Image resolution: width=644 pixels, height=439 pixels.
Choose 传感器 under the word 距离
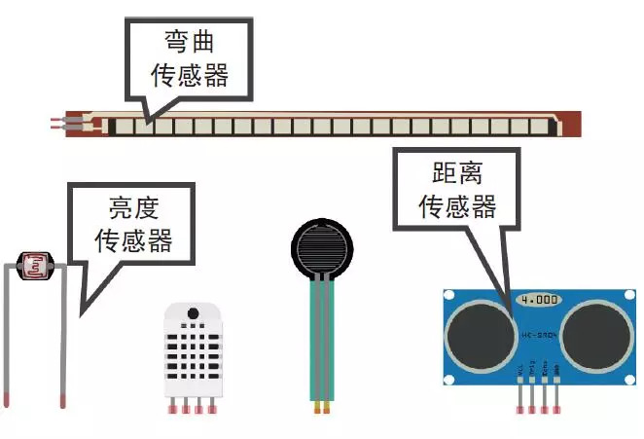tap(457, 206)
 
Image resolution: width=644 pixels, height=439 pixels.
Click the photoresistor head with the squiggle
tap(35, 263)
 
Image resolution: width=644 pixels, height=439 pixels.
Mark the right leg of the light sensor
tap(63, 341)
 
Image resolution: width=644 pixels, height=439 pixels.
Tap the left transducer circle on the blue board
tap(480, 333)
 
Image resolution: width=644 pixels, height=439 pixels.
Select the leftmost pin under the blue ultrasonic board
tap(520, 399)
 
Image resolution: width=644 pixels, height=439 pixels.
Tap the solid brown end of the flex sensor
tap(572, 124)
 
